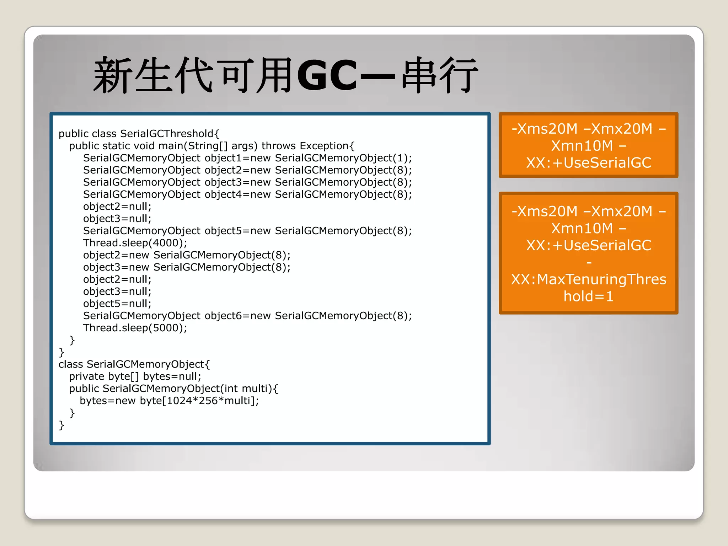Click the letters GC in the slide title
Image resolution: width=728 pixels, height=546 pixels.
click(327, 75)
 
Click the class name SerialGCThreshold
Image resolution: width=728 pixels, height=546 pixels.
click(167, 134)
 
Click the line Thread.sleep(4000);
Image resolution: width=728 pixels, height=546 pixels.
click(135, 243)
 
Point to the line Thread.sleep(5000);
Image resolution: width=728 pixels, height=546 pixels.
click(135, 328)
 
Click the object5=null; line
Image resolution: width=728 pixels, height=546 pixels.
click(117, 304)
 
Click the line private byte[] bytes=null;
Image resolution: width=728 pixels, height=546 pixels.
click(135, 376)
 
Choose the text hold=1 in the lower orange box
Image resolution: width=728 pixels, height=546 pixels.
click(589, 296)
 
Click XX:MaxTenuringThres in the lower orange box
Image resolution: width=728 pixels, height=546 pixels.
click(589, 279)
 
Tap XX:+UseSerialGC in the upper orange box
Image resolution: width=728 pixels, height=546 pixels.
click(589, 163)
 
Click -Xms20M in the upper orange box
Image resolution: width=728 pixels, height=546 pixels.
click(545, 129)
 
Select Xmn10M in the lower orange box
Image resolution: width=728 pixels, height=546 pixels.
click(582, 228)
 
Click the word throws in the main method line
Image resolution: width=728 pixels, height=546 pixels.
click(279, 146)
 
